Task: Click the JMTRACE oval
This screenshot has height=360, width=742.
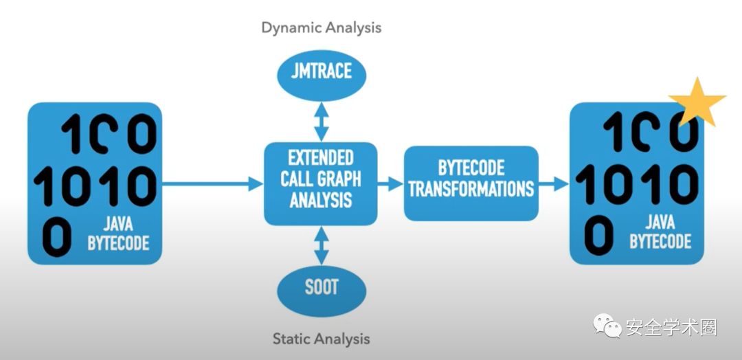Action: point(322,71)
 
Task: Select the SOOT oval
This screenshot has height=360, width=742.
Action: point(322,286)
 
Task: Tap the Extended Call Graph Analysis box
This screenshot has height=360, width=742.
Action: point(321,179)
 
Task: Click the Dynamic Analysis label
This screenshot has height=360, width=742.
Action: point(322,28)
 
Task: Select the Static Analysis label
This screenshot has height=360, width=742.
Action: point(322,339)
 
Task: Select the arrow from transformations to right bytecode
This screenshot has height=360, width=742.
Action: point(554,183)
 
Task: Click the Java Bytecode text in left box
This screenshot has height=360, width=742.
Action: point(118,234)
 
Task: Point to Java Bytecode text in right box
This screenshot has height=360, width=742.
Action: point(660,232)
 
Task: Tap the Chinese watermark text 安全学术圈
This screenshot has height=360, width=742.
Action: point(671,328)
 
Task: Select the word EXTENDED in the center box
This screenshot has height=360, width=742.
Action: point(321,158)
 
